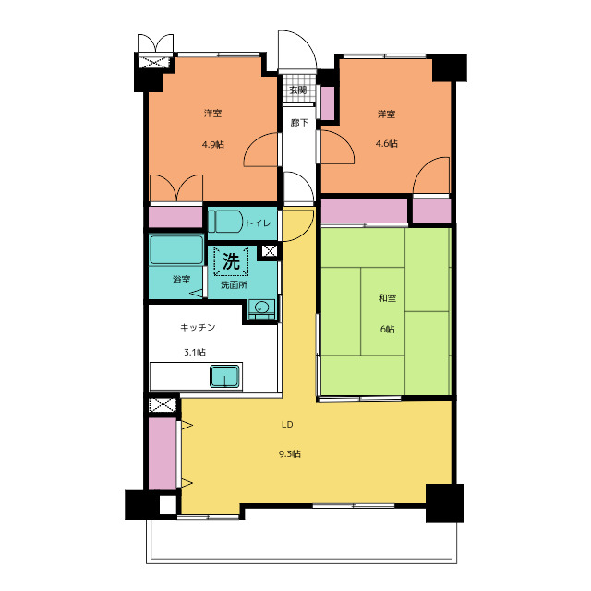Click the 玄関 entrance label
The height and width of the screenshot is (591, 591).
coord(298,90)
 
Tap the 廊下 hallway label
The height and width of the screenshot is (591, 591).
coord(299,123)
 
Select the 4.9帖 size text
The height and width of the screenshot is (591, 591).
coord(213,144)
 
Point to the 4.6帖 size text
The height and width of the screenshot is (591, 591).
coord(386,144)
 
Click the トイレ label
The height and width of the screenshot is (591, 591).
coord(259,223)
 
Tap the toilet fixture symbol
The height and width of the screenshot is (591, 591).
coord(225,222)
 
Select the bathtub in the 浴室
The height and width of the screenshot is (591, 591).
coord(176,250)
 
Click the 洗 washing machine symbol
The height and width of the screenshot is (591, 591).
coord(231,260)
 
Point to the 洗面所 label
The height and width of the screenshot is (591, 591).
coord(234,285)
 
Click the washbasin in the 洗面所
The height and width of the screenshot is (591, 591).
coord(261,308)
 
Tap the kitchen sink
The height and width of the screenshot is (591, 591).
coord(224,376)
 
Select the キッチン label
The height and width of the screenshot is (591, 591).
coord(198,327)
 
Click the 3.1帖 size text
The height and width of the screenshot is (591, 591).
coord(195,353)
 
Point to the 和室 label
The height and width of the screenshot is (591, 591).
coord(387,298)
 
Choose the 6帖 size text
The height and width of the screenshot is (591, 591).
coord(388,329)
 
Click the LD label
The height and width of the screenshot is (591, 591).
coord(287,425)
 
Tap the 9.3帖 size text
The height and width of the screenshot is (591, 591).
coord(289,453)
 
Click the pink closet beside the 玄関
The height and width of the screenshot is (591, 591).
coord(328,103)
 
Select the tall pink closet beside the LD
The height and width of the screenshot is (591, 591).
coord(163,453)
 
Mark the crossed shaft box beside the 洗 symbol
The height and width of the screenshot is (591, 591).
coord(269,250)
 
